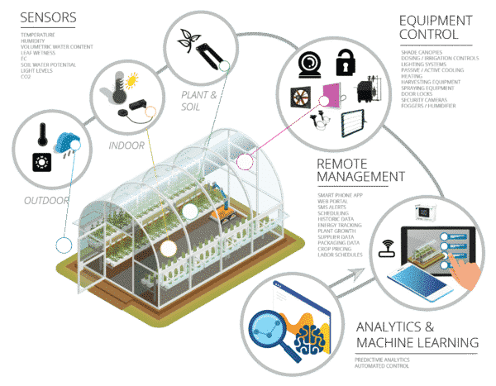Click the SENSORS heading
click(x=46, y=19)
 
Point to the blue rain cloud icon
click(x=65, y=141)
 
